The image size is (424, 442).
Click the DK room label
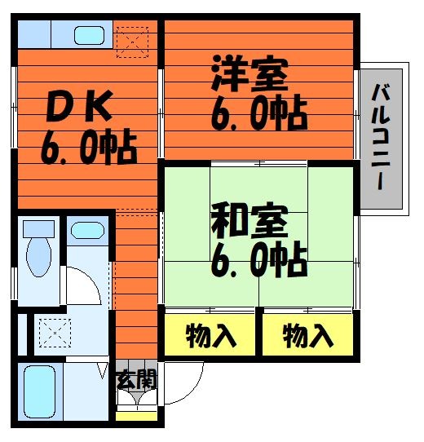[80, 106]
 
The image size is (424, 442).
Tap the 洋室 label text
[250, 73]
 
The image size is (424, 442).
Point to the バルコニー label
[381, 137]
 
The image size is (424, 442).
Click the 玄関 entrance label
[136, 379]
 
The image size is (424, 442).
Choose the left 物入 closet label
[210, 336]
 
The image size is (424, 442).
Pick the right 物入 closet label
[308, 336]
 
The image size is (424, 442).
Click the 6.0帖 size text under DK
[89, 147]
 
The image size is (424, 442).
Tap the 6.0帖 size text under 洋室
[258, 113]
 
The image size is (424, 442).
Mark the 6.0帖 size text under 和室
[258, 259]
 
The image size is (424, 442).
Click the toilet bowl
[38, 257]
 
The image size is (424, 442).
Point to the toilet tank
[38, 229]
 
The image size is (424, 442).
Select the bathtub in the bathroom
[39, 391]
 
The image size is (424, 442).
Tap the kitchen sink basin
[89, 36]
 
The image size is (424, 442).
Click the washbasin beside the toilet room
[87, 230]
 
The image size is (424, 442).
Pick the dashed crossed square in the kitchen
[132, 42]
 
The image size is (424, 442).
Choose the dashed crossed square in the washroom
[55, 333]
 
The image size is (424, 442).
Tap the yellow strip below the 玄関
[136, 417]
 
